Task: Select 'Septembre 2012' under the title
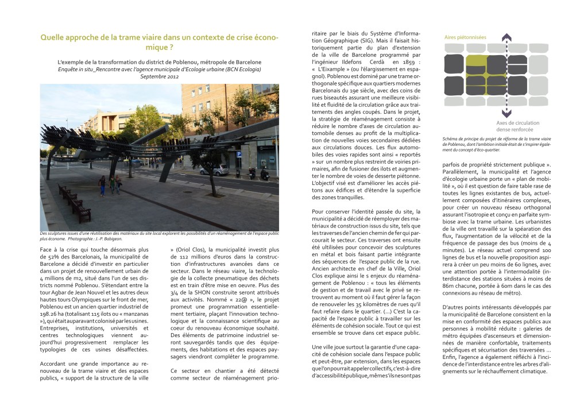coord(160,76)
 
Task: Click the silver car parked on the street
coord(214,169)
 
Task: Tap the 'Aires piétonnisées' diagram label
coord(465,37)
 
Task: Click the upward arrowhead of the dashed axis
coord(506,38)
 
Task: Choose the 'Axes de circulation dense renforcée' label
coord(517,126)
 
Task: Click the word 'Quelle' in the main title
coord(53,38)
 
